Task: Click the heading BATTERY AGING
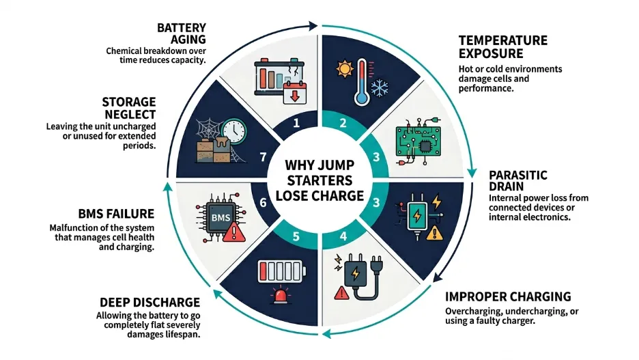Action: pos(182,33)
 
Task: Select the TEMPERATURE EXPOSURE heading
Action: pos(502,47)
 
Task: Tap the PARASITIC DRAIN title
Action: pos(518,180)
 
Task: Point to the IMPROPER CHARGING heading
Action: pos(508,296)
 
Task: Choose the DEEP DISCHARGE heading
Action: pos(150,302)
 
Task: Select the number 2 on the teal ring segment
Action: pos(343,125)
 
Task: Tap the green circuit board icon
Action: pos(417,146)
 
